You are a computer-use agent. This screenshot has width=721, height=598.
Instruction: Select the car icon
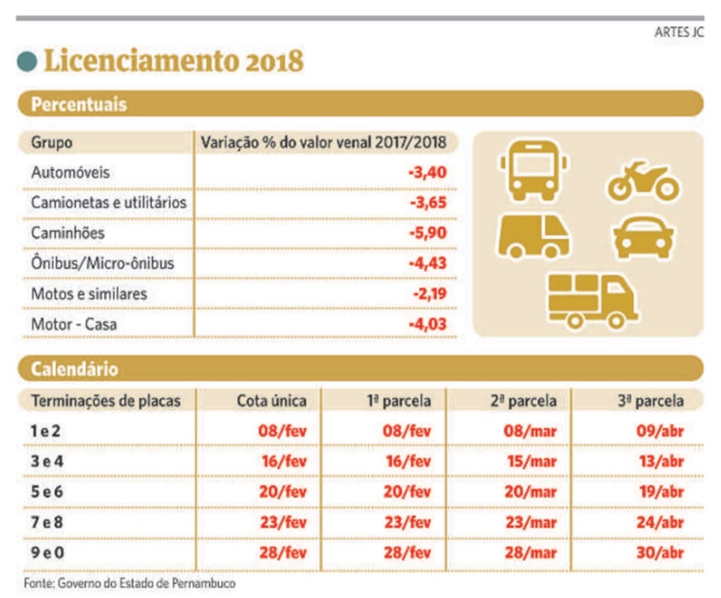[x=644, y=238]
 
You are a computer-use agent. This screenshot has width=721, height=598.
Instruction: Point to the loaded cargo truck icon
[x=591, y=299]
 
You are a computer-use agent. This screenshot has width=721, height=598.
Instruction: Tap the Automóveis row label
[x=72, y=172]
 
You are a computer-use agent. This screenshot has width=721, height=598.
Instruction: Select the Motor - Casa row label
[x=75, y=324]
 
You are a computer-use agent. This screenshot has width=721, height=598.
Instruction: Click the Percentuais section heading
[x=79, y=105]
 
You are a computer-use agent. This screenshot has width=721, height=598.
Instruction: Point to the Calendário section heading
[x=75, y=370]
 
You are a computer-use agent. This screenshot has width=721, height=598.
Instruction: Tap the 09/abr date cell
[x=660, y=432]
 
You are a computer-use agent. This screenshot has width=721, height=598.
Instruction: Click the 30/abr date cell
[x=660, y=553]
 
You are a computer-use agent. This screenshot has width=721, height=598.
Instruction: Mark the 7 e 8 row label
[x=50, y=523]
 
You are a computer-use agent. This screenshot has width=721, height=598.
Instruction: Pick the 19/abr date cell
[x=660, y=493]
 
